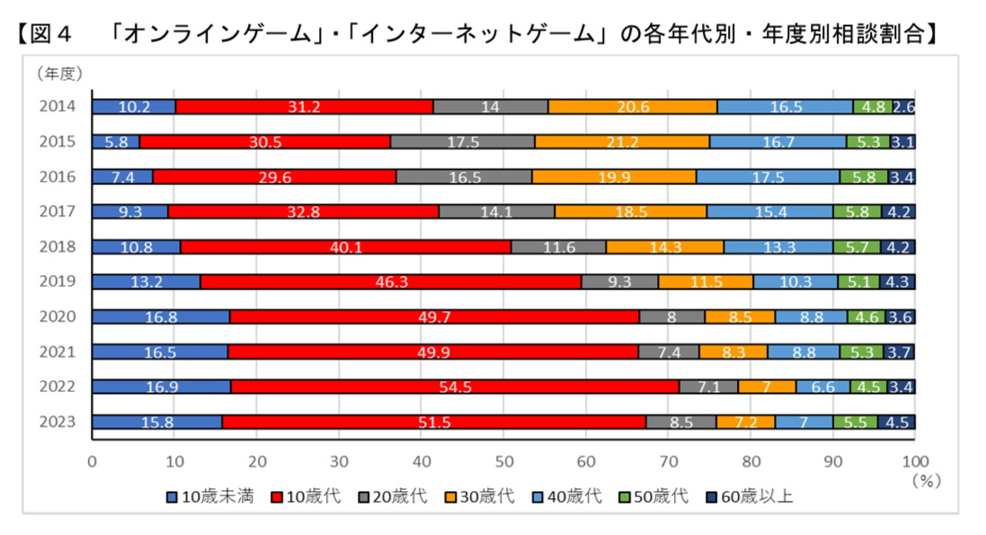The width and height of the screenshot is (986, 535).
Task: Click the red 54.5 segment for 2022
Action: (454, 387)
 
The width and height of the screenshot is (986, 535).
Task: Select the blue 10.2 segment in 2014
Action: (134, 107)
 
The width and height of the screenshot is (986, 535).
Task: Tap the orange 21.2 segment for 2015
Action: (622, 142)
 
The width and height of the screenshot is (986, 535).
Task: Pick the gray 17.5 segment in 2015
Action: (462, 142)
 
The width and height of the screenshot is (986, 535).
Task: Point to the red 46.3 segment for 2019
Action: (391, 281)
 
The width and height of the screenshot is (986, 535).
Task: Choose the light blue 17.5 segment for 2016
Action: (768, 176)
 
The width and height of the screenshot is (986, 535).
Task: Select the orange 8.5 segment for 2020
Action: (740, 317)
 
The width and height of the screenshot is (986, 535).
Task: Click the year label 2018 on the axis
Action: (57, 246)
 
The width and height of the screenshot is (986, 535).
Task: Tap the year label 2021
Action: (57, 352)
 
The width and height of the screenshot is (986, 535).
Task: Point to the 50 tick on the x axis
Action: (503, 461)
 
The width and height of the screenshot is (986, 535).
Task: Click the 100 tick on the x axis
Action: (914, 461)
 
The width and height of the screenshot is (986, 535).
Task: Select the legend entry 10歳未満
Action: (210, 496)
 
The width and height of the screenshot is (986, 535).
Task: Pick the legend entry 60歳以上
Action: (753, 496)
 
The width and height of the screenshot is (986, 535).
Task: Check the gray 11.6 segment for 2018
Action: (558, 246)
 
